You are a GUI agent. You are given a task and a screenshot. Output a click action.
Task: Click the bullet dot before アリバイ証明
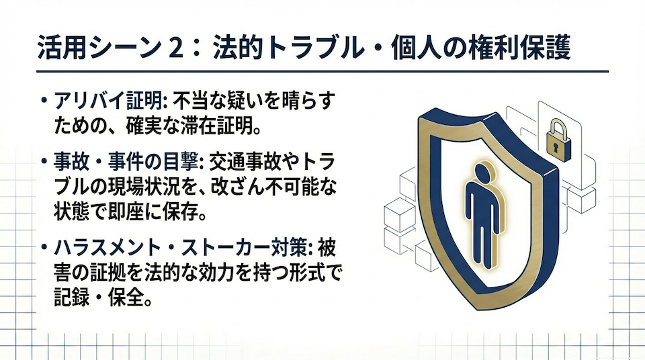(x=44, y=103)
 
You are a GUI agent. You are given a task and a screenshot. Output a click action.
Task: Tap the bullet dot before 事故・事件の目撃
(x=44, y=162)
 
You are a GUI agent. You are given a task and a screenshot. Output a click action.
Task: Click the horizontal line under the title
(x=322, y=72)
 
